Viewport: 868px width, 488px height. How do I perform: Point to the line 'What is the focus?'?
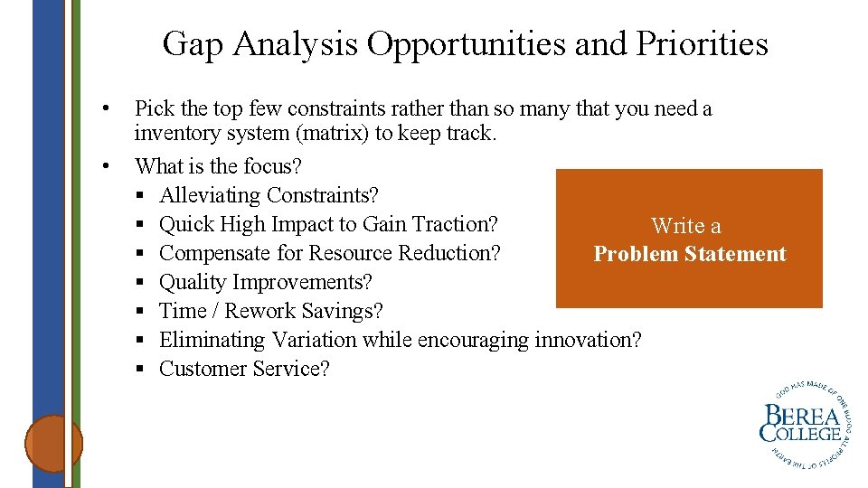point(218,166)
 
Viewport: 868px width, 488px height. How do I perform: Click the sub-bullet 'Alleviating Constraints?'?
point(269,195)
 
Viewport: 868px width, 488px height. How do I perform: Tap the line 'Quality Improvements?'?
point(265,282)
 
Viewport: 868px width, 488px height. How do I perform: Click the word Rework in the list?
point(263,311)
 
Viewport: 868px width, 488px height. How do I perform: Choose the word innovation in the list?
point(588,340)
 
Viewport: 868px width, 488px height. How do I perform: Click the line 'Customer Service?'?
point(244,369)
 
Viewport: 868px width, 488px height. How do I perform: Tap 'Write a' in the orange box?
point(686,226)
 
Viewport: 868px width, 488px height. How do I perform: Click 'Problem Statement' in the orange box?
point(689,254)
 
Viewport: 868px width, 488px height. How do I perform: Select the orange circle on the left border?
point(53,443)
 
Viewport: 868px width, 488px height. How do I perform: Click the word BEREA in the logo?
point(800,418)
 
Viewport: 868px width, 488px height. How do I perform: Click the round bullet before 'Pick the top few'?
point(107,109)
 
